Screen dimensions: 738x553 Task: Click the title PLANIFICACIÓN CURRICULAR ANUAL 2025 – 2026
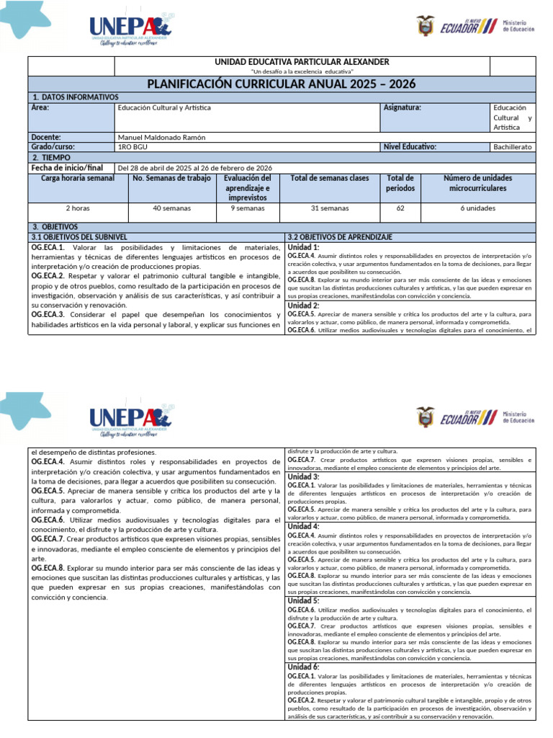(x=282, y=84)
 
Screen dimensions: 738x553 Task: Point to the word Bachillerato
(x=512, y=147)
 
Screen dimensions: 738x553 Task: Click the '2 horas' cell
(x=78, y=208)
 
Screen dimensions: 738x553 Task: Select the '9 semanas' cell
(x=247, y=208)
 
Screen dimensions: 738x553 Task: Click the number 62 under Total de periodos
(x=400, y=208)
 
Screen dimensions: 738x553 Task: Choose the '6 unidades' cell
(x=478, y=208)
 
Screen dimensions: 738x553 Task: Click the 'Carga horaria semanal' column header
(x=78, y=178)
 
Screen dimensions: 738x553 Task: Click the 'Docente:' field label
(x=46, y=137)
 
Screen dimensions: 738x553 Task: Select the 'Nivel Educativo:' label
(x=410, y=146)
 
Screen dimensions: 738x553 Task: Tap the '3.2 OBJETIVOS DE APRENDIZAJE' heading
(x=339, y=236)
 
